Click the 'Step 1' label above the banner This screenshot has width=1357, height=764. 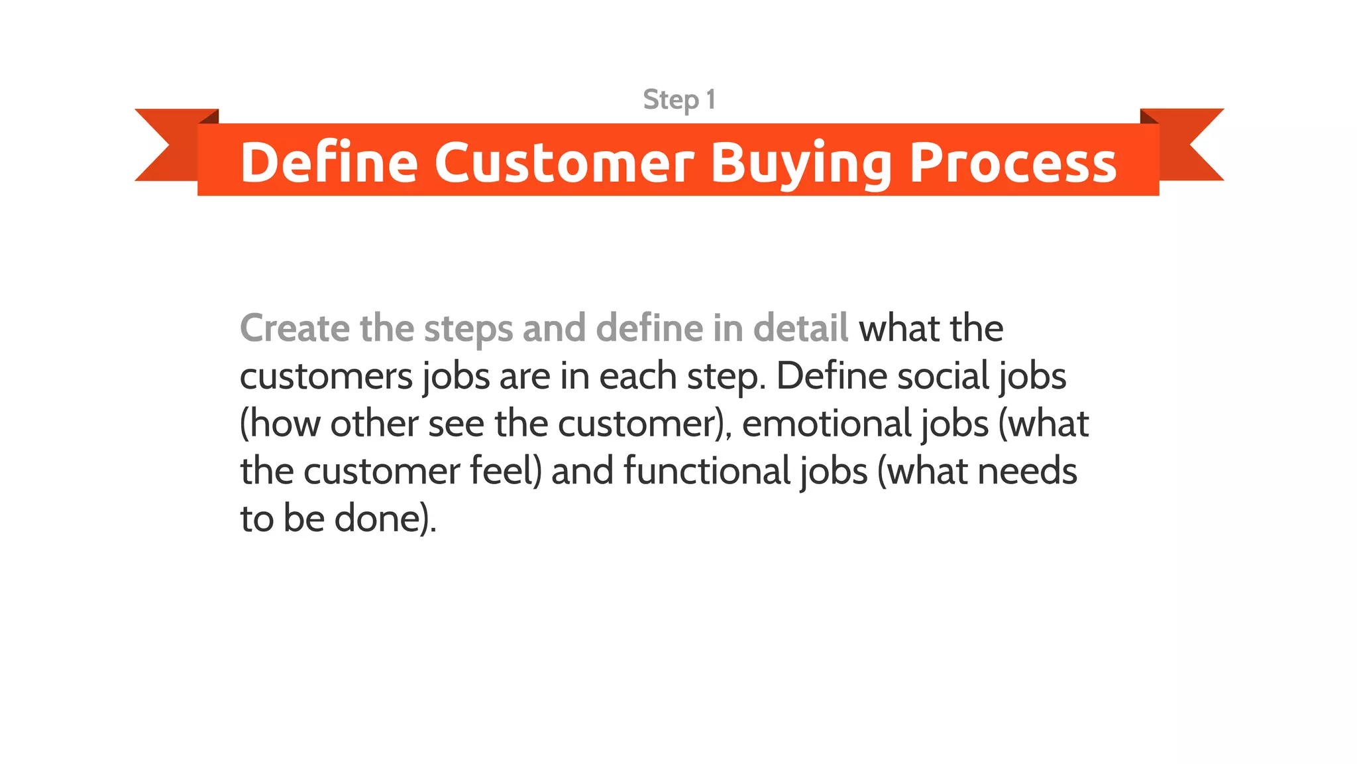click(x=679, y=100)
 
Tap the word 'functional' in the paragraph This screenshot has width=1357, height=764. click(x=707, y=471)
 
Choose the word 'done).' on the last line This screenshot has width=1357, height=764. click(x=385, y=519)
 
